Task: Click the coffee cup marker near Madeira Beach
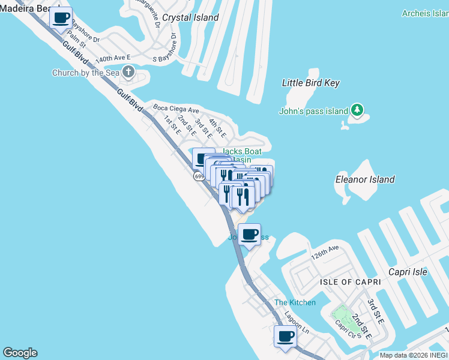click(60, 18)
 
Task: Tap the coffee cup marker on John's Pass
click(249, 235)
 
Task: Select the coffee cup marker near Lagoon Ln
click(285, 336)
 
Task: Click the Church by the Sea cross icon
click(128, 73)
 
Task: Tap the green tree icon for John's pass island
click(357, 110)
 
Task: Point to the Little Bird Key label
click(311, 83)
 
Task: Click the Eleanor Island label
click(365, 179)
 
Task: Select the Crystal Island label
click(190, 17)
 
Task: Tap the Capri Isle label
click(407, 272)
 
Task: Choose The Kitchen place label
click(295, 302)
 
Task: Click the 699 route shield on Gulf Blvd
click(199, 176)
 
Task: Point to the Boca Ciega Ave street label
click(175, 109)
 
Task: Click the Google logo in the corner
click(20, 353)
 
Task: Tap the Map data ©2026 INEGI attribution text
click(413, 355)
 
